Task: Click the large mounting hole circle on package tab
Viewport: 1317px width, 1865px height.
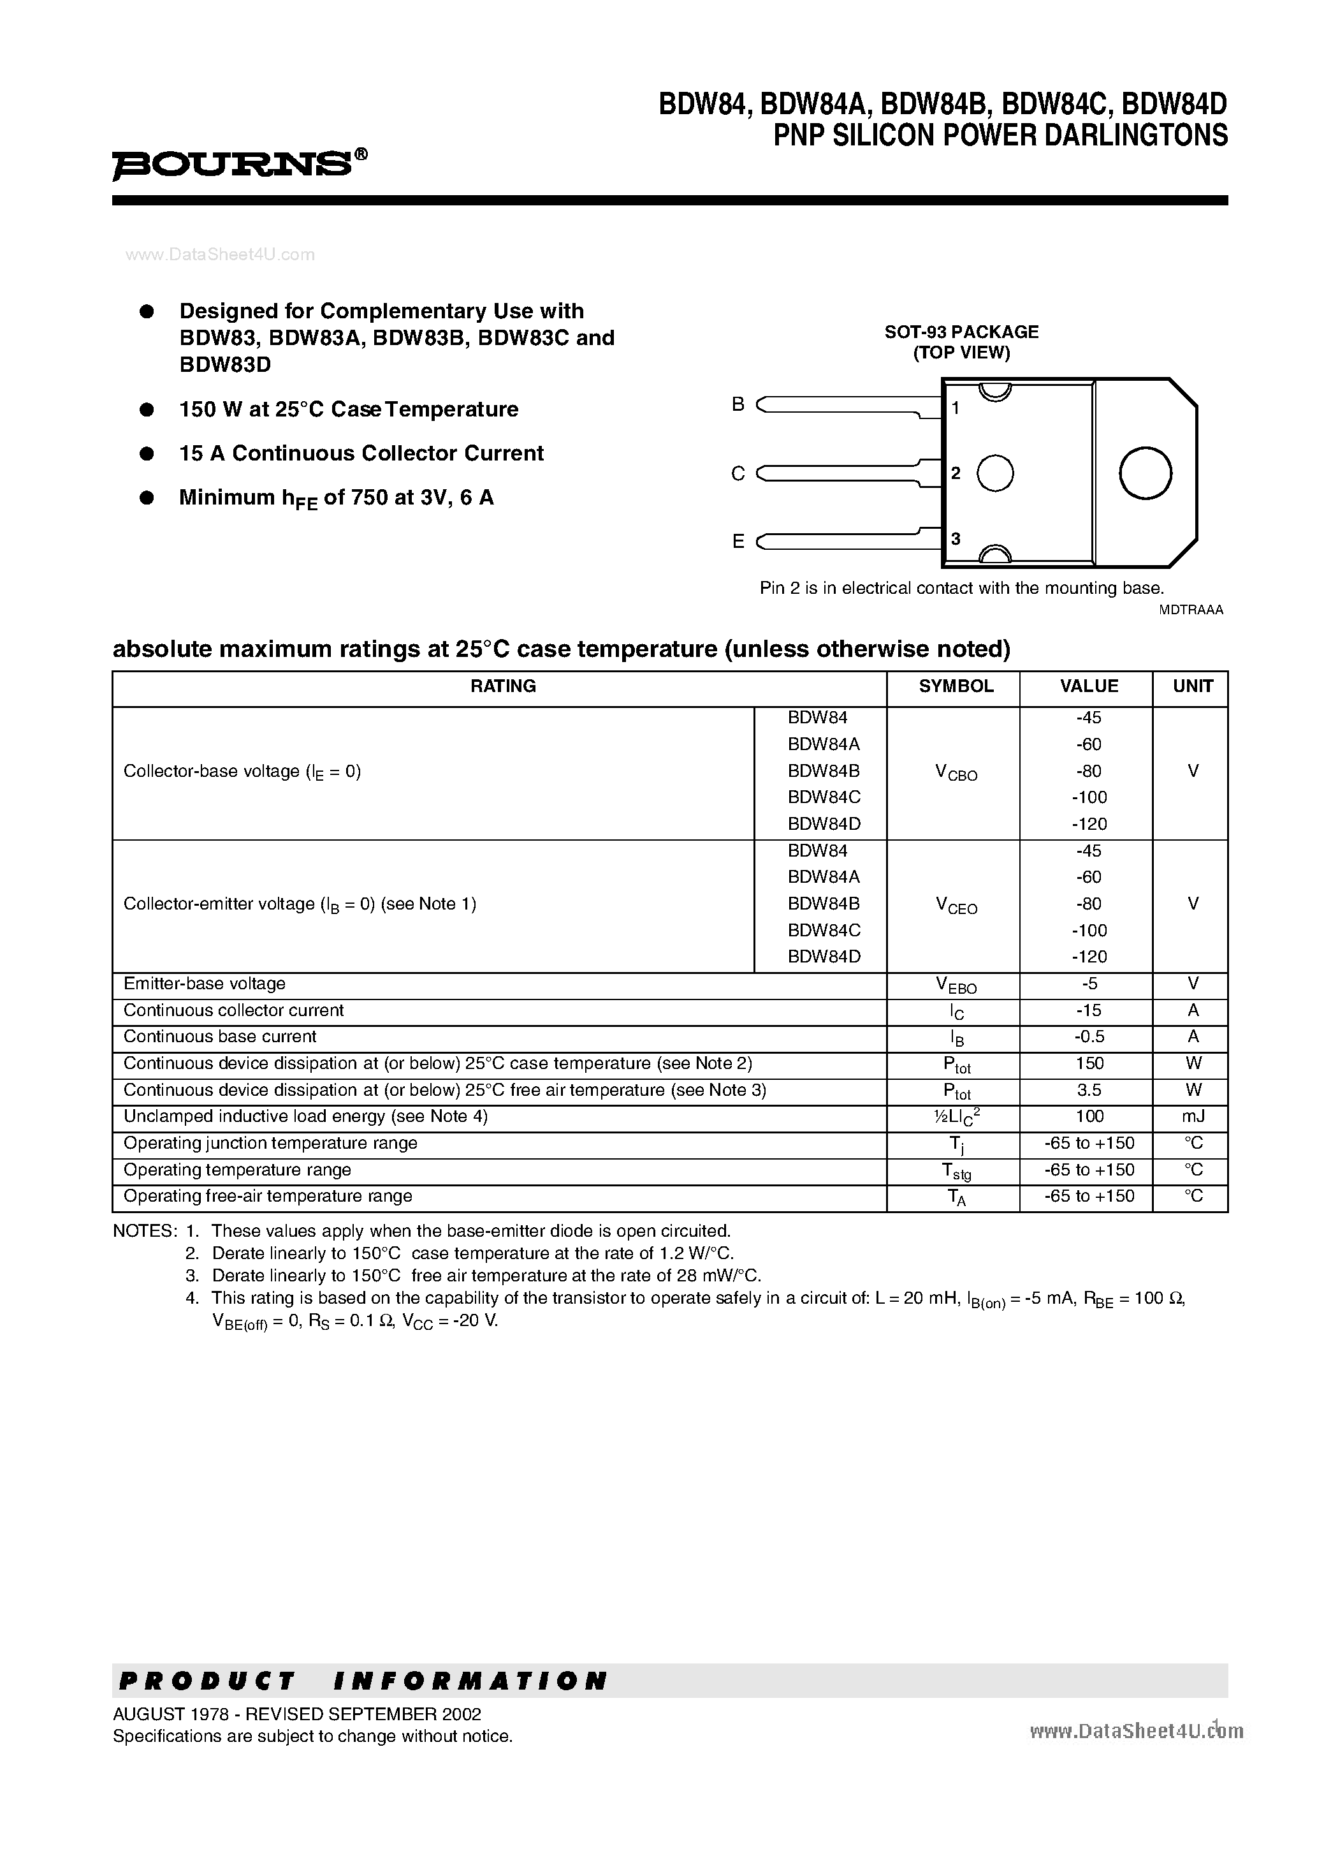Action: coord(1145,473)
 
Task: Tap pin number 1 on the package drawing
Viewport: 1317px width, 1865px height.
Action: coord(956,408)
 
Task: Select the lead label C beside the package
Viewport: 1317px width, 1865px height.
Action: coord(738,473)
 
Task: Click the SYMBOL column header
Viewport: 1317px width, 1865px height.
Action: coord(956,686)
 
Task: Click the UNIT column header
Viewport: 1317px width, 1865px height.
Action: coord(1192,686)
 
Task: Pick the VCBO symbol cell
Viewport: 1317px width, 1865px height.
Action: coord(956,772)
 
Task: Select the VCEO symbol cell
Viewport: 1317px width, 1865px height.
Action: coord(956,905)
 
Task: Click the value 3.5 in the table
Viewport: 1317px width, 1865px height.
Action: coord(1089,1090)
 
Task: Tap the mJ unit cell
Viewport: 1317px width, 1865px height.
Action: coord(1192,1116)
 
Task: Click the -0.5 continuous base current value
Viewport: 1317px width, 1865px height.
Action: coord(1089,1036)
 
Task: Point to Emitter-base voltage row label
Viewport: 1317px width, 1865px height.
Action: coord(205,984)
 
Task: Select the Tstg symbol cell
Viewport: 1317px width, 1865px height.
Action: coord(956,1170)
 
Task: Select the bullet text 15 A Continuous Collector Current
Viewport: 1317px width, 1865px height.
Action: coord(361,453)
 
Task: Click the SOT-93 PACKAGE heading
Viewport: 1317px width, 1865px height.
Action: coord(961,332)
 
